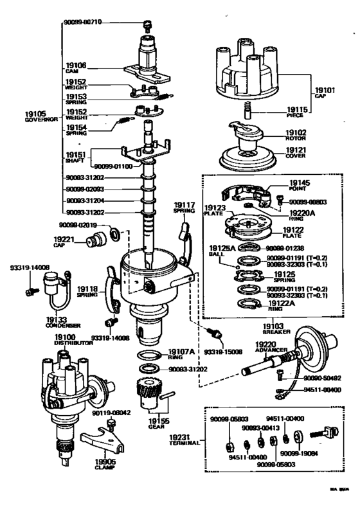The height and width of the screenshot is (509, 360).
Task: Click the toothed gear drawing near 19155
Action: click(149, 392)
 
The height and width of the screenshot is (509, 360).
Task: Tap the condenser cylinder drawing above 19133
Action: click(50, 281)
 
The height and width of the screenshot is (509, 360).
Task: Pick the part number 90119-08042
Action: click(96, 414)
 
